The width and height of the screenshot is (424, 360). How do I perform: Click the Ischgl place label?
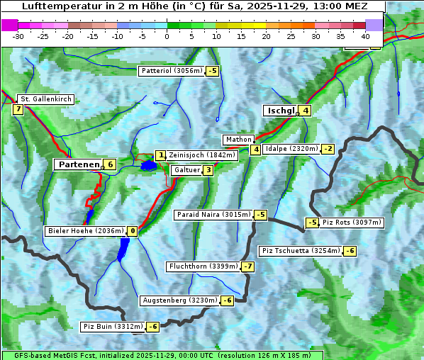pos(280,111)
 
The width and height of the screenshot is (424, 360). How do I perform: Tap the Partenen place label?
pos(78,164)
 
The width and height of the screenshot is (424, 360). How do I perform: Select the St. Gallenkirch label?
pos(45,99)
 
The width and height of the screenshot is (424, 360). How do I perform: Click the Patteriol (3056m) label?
pos(172,71)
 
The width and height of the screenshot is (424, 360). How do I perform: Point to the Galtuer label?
pos(186,170)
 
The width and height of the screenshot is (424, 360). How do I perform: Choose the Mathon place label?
pos(238,140)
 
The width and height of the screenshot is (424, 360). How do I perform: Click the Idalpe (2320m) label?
pos(291,149)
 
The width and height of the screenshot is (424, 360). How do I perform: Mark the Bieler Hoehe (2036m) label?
pos(85,231)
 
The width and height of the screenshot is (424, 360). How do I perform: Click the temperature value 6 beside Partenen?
pos(109,164)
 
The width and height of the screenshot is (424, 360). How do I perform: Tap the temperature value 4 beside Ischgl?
pos(305,111)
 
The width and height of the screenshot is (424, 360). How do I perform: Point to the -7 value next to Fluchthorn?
pos(247,266)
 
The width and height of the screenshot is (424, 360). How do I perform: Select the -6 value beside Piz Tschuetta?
pos(350,251)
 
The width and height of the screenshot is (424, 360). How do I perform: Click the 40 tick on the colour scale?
pos(365,35)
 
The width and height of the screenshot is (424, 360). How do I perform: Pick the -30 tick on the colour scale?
pos(18,35)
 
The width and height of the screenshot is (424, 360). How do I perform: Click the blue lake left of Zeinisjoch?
pos(148,166)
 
